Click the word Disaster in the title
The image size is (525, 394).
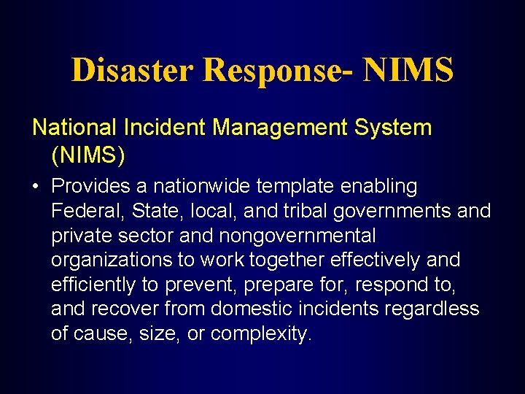[132, 70]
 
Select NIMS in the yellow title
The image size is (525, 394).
[408, 70]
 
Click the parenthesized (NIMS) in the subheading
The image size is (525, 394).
[88, 155]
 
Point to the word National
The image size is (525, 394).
[74, 128]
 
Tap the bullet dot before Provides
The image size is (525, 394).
[36, 187]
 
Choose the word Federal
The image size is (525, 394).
[83, 211]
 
